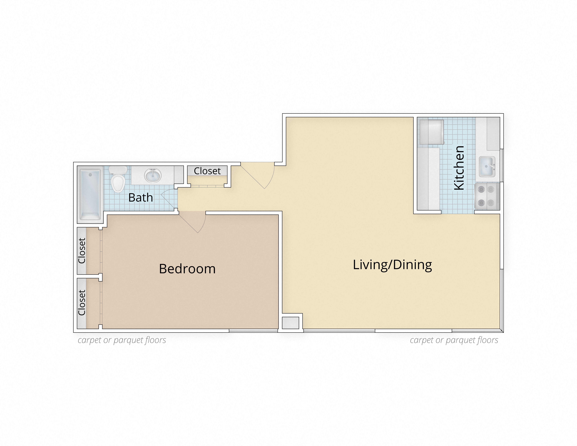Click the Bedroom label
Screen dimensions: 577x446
(187, 269)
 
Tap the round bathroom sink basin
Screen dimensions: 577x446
(153, 175)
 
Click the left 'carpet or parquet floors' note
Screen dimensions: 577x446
(122, 340)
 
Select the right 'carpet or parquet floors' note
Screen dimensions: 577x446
(454, 340)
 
